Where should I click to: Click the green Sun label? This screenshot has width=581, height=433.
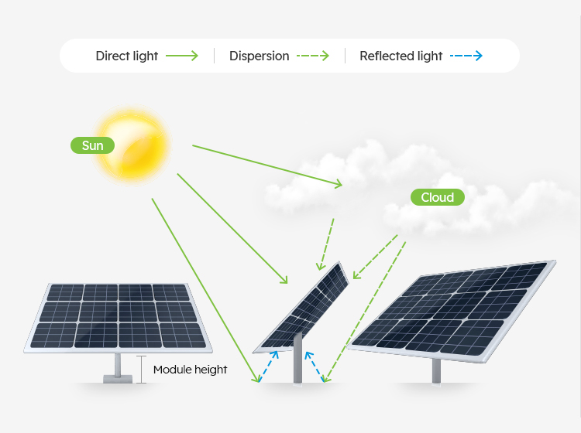[x=92, y=145]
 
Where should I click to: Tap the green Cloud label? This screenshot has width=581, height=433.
[x=437, y=197]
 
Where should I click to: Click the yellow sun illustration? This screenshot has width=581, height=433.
[x=132, y=145]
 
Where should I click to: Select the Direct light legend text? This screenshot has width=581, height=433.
[x=127, y=56]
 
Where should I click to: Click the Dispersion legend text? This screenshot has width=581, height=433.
[x=259, y=56]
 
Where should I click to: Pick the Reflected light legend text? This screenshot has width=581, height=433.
[x=401, y=56]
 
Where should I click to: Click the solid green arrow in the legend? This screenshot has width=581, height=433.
[x=182, y=56]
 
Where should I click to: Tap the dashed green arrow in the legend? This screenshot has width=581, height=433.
[x=313, y=56]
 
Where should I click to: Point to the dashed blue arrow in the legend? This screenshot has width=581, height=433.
[x=466, y=56]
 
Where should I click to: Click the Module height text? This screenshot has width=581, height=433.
[x=190, y=370]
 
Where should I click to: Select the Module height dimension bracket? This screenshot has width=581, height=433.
[x=141, y=370]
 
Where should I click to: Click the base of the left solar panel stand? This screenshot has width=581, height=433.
[x=118, y=379]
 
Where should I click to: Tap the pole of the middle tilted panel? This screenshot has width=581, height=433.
[x=298, y=358]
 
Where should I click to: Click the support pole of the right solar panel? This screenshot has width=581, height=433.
[x=436, y=371]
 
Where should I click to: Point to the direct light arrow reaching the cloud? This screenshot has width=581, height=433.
[x=267, y=166]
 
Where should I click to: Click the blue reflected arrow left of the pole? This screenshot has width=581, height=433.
[x=268, y=367]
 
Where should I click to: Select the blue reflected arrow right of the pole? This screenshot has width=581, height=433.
[x=315, y=367]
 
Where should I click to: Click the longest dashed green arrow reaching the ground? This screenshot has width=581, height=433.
[x=365, y=312]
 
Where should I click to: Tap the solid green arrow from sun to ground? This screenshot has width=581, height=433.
[x=205, y=290]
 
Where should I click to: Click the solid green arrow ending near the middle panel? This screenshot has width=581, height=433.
[x=232, y=229]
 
